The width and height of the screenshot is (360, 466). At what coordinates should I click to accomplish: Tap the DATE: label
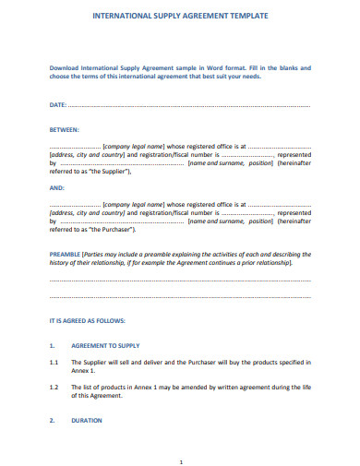57,106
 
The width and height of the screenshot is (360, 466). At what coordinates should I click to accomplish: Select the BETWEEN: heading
64,130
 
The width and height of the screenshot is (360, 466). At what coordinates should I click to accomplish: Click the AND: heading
55,186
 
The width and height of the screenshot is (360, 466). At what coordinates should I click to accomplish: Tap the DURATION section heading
87,420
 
